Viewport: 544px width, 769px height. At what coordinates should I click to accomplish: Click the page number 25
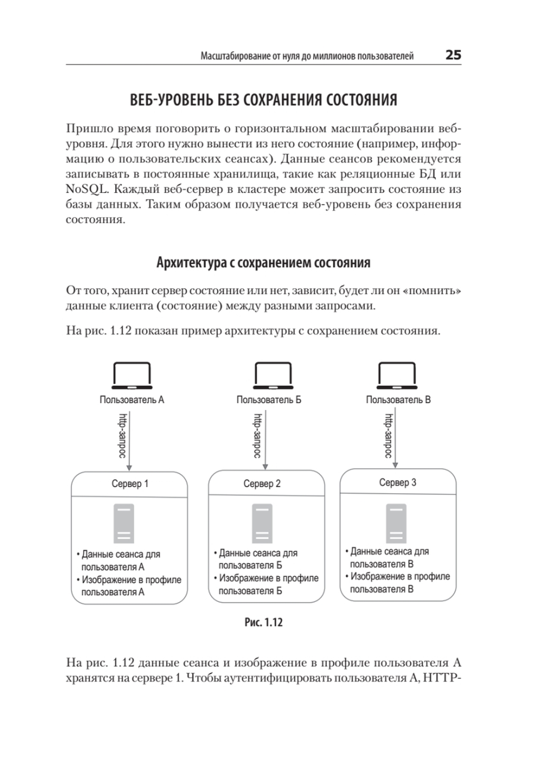[453, 55]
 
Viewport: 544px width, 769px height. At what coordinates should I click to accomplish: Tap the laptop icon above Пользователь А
[132, 375]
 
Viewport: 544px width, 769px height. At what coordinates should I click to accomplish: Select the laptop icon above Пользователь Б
[273, 375]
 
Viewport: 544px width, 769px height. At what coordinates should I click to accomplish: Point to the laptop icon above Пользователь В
[397, 375]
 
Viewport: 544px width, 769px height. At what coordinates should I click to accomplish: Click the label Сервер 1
[130, 484]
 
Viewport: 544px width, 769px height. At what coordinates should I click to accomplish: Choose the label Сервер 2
[262, 484]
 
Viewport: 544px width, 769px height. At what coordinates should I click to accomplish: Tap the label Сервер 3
[397, 482]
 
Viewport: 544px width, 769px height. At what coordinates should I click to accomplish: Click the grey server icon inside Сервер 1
[124, 523]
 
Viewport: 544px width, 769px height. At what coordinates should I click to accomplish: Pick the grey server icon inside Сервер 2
[262, 523]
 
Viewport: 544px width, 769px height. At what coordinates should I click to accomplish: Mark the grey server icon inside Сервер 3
[396, 523]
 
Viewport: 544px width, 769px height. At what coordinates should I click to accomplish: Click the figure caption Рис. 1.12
[263, 622]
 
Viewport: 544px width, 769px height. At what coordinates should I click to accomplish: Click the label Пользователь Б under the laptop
[269, 400]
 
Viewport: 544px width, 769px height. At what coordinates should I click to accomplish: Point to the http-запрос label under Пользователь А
[123, 435]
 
